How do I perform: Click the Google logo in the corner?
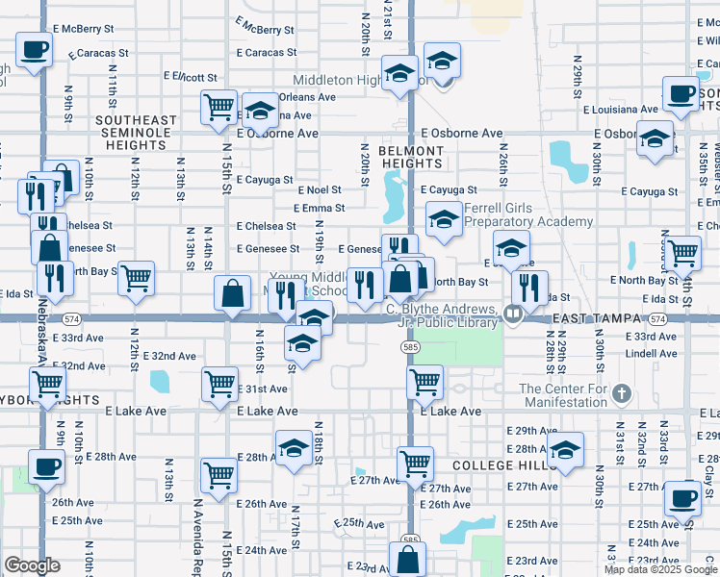tap(32, 565)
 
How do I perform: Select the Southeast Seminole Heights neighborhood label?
tap(136, 133)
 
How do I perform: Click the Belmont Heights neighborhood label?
tap(410, 157)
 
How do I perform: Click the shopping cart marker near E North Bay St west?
tap(137, 279)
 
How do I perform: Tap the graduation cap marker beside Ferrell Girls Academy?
tap(444, 220)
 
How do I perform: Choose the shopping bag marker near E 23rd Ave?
tap(408, 559)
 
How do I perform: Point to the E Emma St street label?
tap(321, 208)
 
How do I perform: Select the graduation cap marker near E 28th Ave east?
tap(566, 450)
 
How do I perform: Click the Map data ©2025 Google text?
tap(660, 569)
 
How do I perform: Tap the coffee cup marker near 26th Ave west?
tap(44, 469)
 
